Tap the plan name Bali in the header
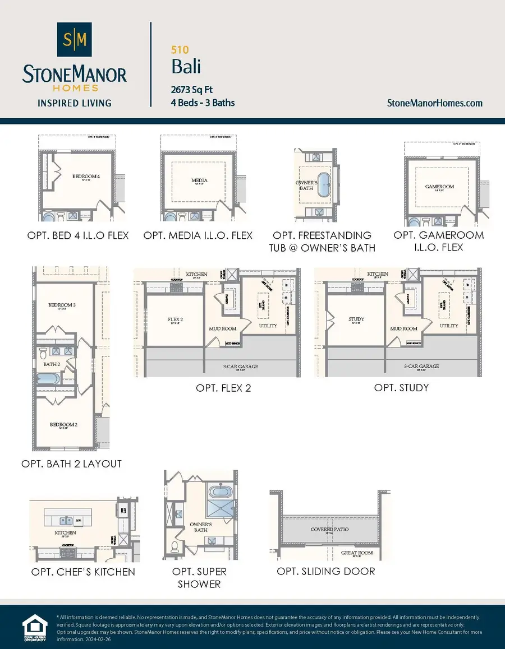click(x=186, y=67)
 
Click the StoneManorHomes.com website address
click(x=435, y=103)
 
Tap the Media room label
click(x=200, y=180)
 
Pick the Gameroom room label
click(x=439, y=187)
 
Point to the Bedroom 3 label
click(x=62, y=305)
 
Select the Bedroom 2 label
click(x=63, y=424)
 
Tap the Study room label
click(x=356, y=319)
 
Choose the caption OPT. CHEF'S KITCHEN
click(x=83, y=572)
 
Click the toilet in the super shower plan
click(x=175, y=545)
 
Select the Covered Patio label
click(x=330, y=529)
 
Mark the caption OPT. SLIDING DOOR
click(x=326, y=571)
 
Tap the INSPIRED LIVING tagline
click(x=74, y=103)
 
